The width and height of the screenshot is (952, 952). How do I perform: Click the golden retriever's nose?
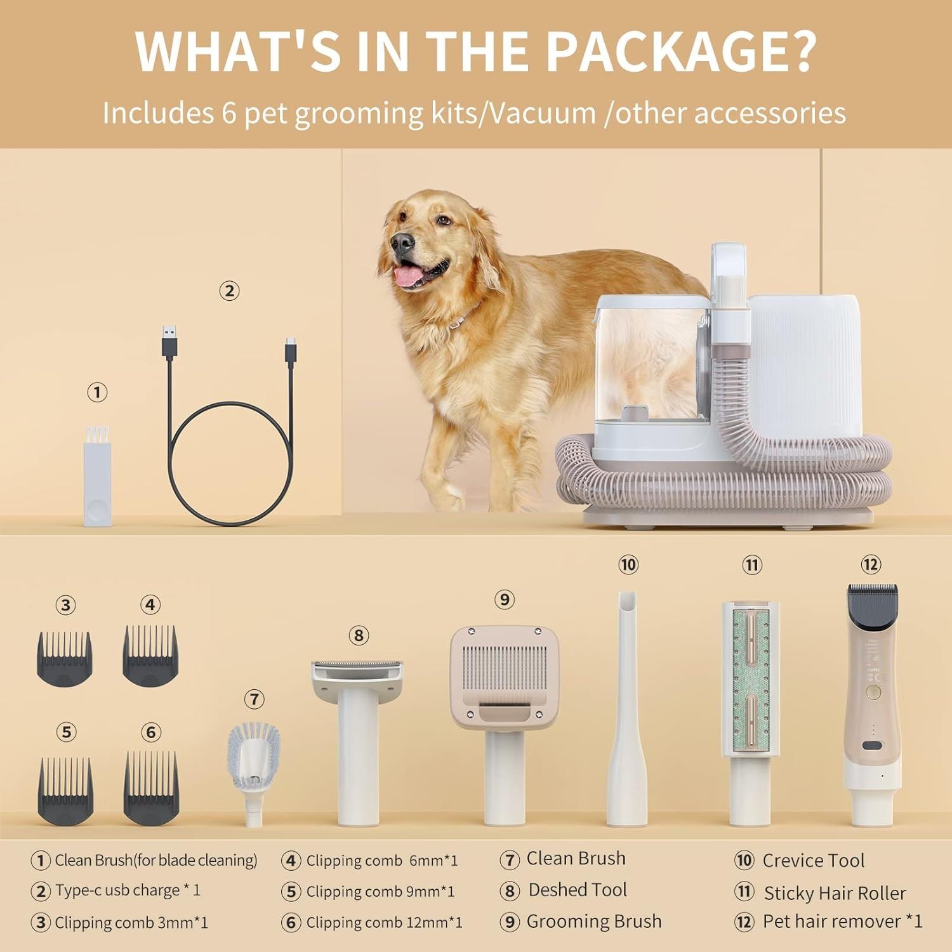click(402, 241)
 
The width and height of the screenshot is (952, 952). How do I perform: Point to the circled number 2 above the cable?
click(229, 291)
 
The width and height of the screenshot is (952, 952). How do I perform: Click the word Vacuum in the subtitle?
click(543, 113)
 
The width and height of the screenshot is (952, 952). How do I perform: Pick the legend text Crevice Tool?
click(813, 861)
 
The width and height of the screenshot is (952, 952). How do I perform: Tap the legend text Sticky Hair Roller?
click(835, 893)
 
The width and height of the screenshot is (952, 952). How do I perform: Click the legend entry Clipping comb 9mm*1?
click(380, 891)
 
